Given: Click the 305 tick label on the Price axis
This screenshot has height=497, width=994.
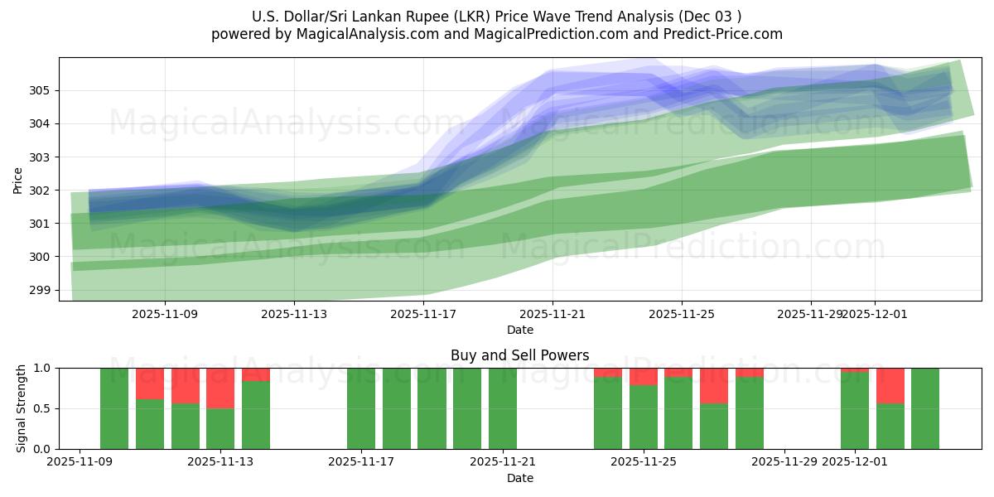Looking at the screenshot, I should [41, 90].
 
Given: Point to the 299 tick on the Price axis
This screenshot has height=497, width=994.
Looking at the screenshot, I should [41, 290].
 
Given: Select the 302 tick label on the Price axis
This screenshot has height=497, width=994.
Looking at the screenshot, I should [41, 191].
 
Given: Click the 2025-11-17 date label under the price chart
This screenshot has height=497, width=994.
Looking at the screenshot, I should [423, 314].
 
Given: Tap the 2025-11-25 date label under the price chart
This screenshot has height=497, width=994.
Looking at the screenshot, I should [682, 314].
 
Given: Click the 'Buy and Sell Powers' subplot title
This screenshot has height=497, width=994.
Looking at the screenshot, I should [519, 355].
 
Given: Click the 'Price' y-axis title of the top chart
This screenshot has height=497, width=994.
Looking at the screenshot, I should [18, 180].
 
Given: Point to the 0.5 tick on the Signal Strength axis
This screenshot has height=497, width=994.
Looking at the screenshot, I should [41, 408].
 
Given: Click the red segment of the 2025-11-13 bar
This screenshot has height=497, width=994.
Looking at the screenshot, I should [220, 388].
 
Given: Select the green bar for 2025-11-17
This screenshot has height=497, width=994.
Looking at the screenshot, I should [361, 408].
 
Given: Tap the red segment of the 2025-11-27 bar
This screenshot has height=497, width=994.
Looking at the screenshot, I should [714, 385].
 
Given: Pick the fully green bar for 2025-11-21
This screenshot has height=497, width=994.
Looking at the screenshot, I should [503, 408].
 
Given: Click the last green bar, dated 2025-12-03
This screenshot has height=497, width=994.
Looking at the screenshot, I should [925, 408].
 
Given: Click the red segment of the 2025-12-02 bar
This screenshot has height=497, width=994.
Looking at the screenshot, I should [890, 385].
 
